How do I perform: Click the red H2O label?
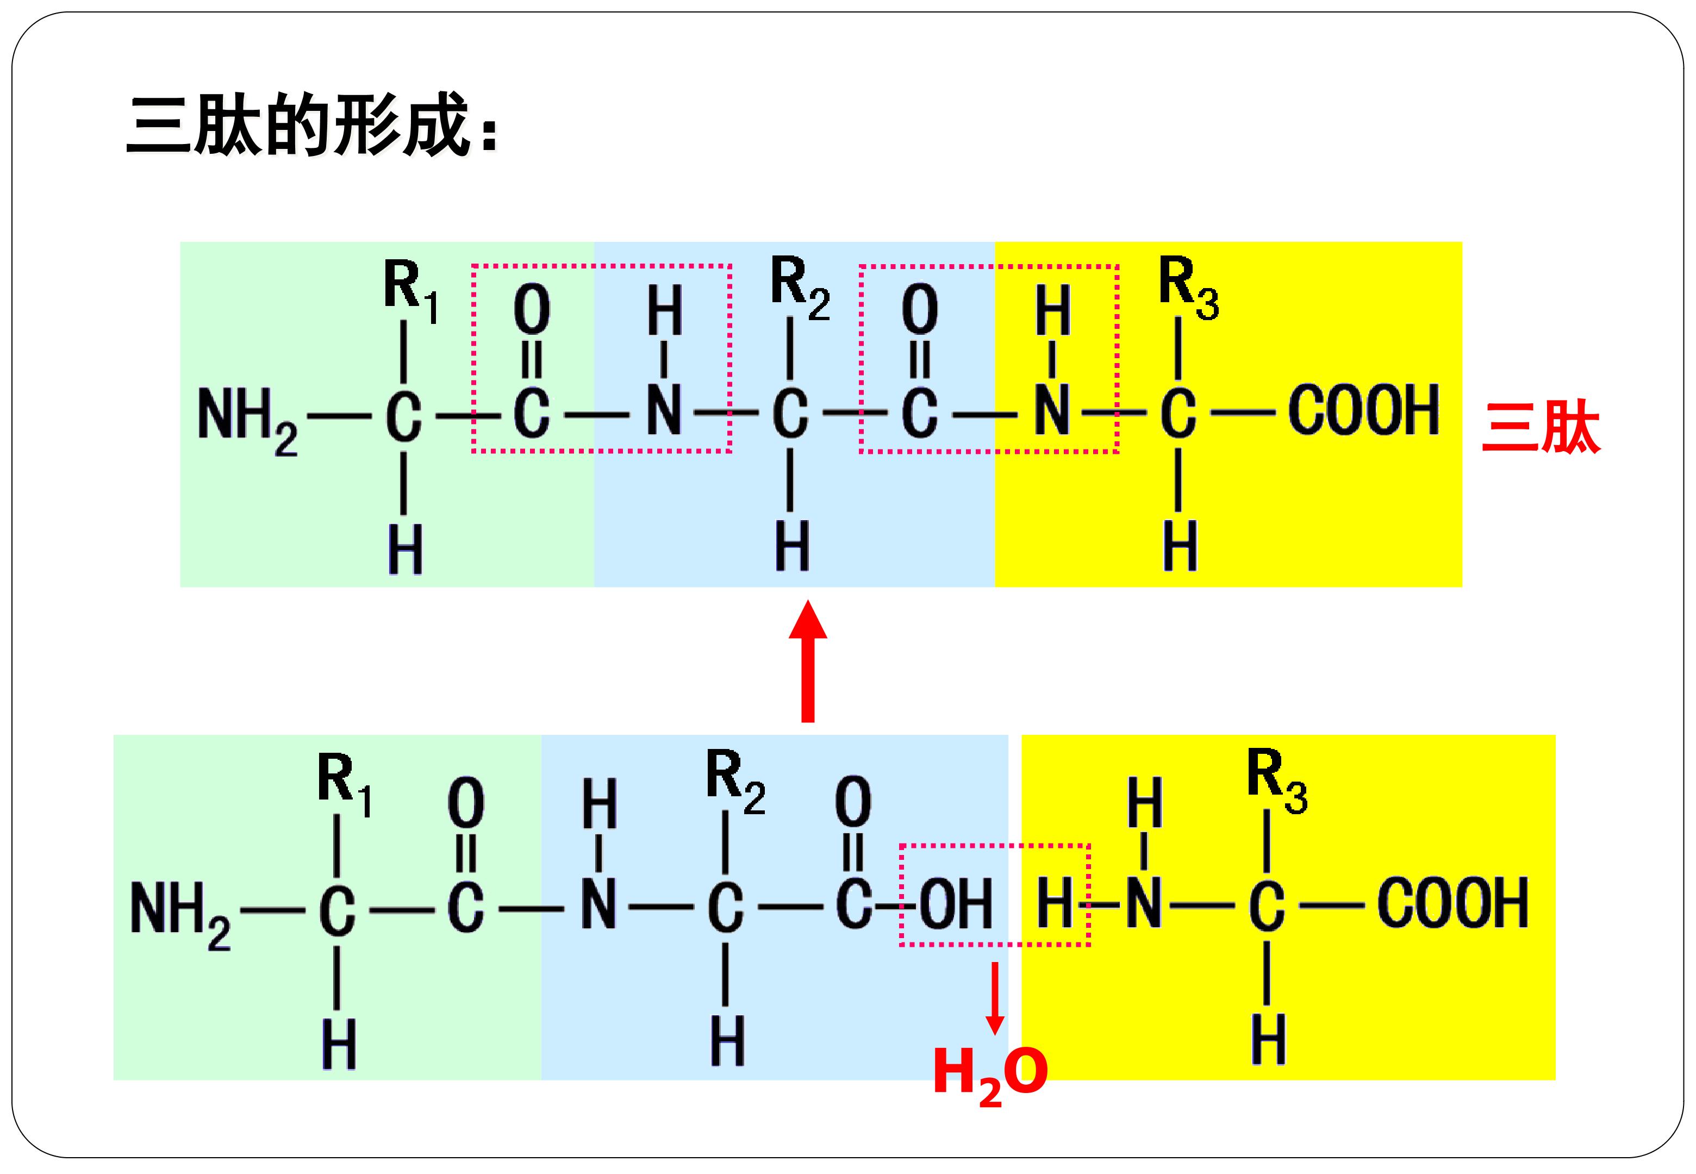[x=990, y=1076]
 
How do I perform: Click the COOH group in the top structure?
[x=1363, y=410]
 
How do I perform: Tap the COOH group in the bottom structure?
[x=1452, y=903]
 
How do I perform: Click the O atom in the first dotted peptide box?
[x=532, y=311]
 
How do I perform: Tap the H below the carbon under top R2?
[x=792, y=546]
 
